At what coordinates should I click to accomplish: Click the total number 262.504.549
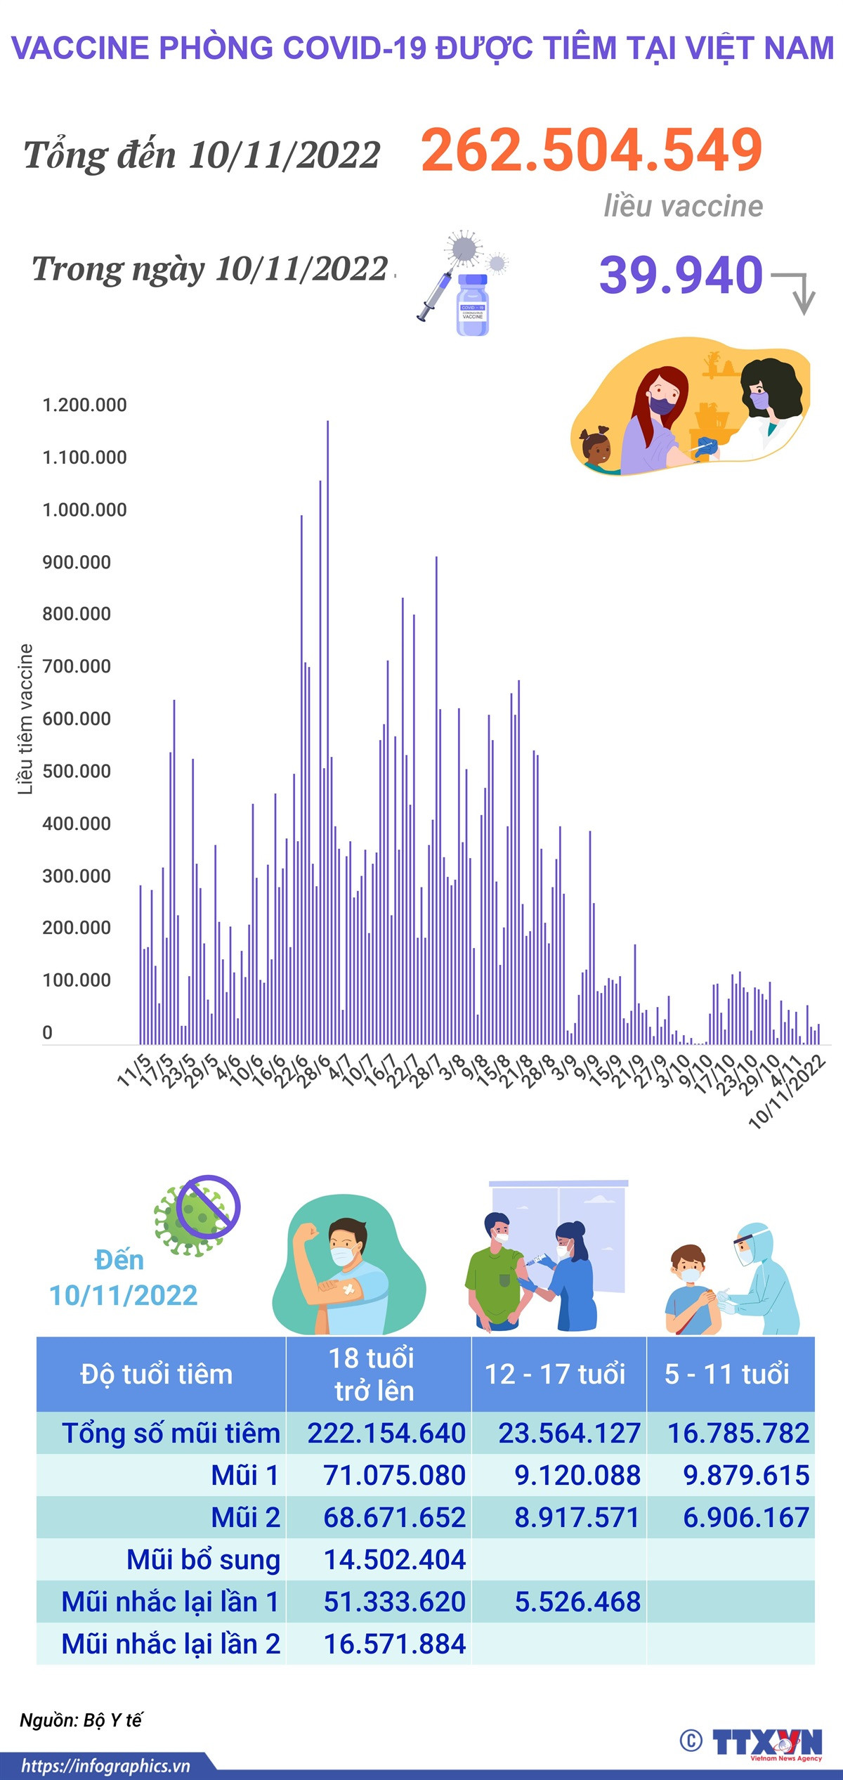[592, 150]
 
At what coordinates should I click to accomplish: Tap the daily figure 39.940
[680, 275]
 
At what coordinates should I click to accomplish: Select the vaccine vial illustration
[472, 304]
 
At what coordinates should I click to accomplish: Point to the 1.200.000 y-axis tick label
[84, 405]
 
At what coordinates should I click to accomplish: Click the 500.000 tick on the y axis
[76, 772]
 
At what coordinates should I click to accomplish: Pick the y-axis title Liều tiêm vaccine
[25, 719]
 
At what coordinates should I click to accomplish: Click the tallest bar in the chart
[327, 731]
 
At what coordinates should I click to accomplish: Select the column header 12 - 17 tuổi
[555, 1374]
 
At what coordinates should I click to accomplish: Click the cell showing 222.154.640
[386, 1434]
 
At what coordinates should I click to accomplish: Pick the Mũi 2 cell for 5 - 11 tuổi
[746, 1518]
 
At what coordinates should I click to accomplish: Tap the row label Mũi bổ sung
[203, 1560]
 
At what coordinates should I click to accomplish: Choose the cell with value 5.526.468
[577, 1602]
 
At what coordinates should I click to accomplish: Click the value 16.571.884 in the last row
[394, 1644]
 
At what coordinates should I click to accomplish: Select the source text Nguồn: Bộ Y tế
[81, 1720]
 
